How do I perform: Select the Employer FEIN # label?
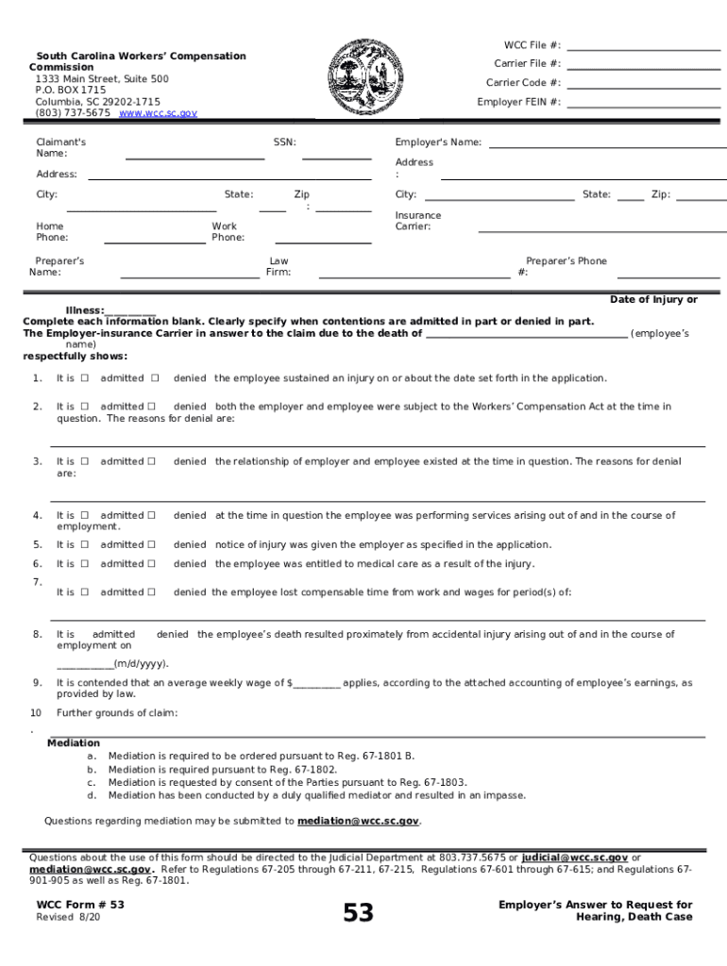[x=518, y=102]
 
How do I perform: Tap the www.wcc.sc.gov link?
[x=158, y=113]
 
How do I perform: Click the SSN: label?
[x=284, y=142]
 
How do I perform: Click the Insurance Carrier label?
[x=417, y=221]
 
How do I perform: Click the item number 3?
[x=37, y=461]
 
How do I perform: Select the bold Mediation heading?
[x=74, y=743]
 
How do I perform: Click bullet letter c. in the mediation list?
[x=92, y=782]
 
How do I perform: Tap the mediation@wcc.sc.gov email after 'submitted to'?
[x=358, y=822]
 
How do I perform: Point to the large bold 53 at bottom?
[x=358, y=913]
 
